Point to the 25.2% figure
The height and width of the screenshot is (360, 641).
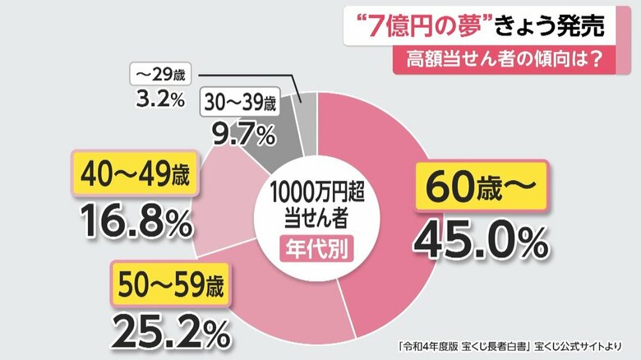pyautogui.click(x=171, y=331)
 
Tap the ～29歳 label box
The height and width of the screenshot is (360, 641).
pyautogui.click(x=161, y=73)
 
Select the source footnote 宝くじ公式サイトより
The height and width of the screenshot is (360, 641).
pyautogui.click(x=573, y=347)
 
